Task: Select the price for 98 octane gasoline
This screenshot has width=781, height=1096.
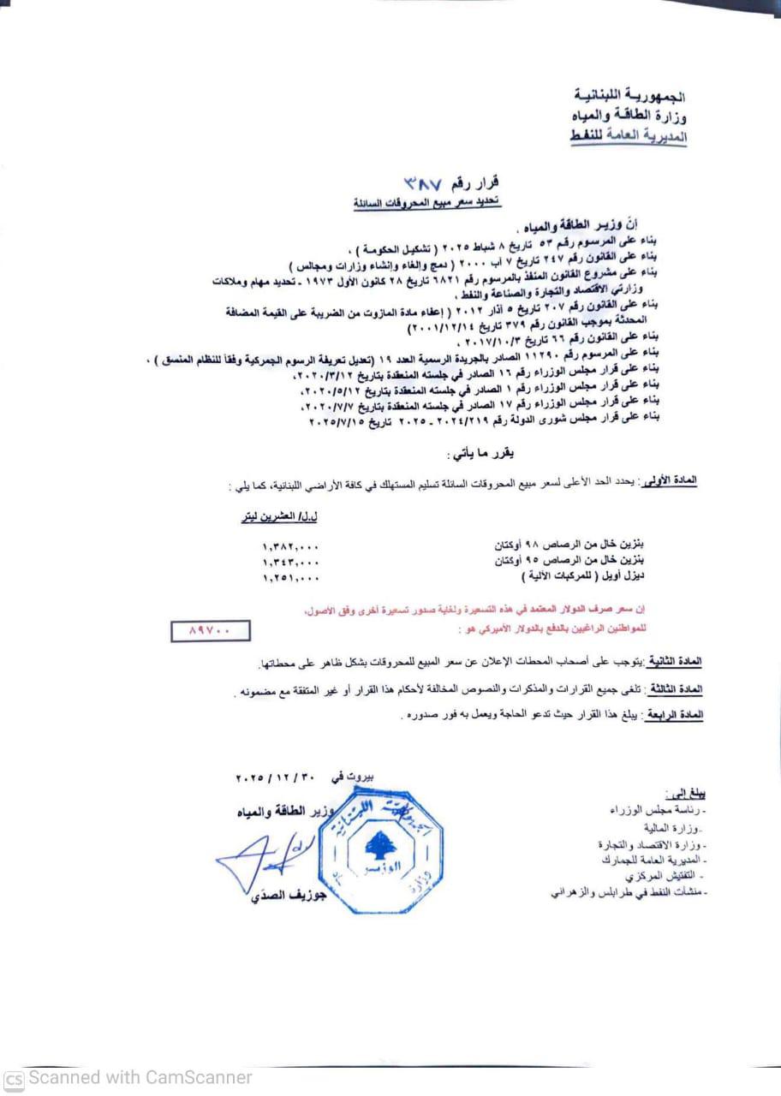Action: coord(291,545)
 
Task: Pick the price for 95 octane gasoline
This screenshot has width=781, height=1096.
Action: coord(291,562)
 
